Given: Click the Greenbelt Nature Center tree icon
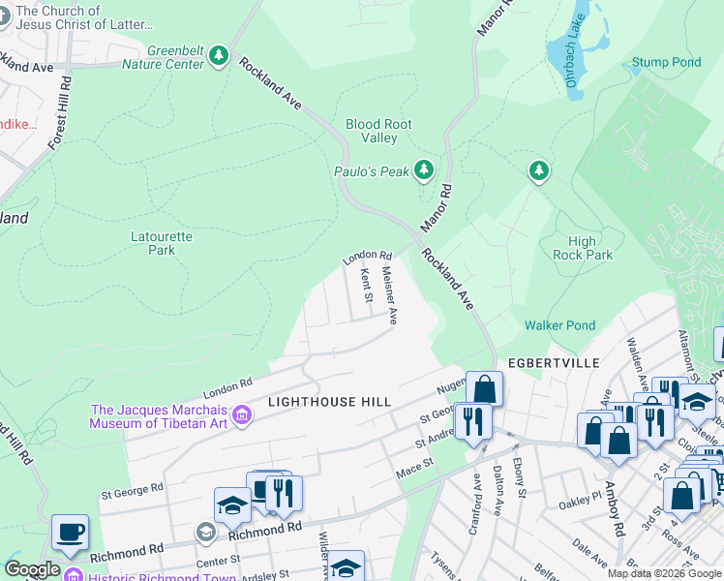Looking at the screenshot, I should pyautogui.click(x=221, y=56).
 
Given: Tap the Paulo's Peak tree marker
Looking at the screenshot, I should pyautogui.click(x=423, y=170).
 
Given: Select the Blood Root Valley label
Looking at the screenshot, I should pyautogui.click(x=378, y=131).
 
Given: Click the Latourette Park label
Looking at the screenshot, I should pyautogui.click(x=162, y=243).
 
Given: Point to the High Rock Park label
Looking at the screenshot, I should pyautogui.click(x=583, y=249).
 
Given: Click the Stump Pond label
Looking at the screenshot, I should pyautogui.click(x=666, y=63).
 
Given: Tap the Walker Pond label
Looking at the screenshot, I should pyautogui.click(x=559, y=326).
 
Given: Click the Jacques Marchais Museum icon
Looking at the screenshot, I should pyautogui.click(x=242, y=416).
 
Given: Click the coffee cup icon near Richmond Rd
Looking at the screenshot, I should pyautogui.click(x=70, y=534).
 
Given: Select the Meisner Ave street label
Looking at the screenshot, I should pyautogui.click(x=390, y=294).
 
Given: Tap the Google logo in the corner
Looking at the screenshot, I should pyautogui.click(x=32, y=569).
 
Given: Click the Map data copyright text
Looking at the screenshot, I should pyautogui.click(x=664, y=573).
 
